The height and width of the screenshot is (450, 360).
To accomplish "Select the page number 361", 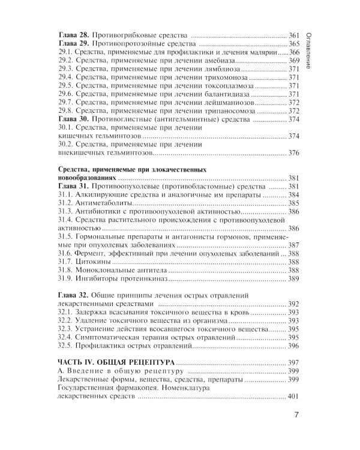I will pyautogui.click(x=293, y=35).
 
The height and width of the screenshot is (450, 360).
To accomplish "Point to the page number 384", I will pyautogui.click(x=293, y=195).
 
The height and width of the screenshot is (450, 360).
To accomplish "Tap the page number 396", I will pyautogui.click(x=293, y=346).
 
